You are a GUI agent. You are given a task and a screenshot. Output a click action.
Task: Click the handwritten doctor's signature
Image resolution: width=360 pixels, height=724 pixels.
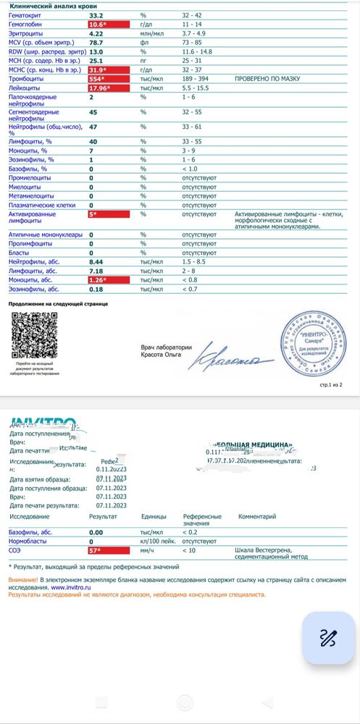click(240, 355)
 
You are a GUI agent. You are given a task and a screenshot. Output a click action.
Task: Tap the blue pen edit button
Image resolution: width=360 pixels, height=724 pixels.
click(328, 637)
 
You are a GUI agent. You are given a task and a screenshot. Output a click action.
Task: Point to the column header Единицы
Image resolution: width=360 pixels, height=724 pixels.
click(153, 517)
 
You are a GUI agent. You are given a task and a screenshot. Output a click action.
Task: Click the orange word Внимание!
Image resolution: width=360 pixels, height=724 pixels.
click(22, 581)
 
